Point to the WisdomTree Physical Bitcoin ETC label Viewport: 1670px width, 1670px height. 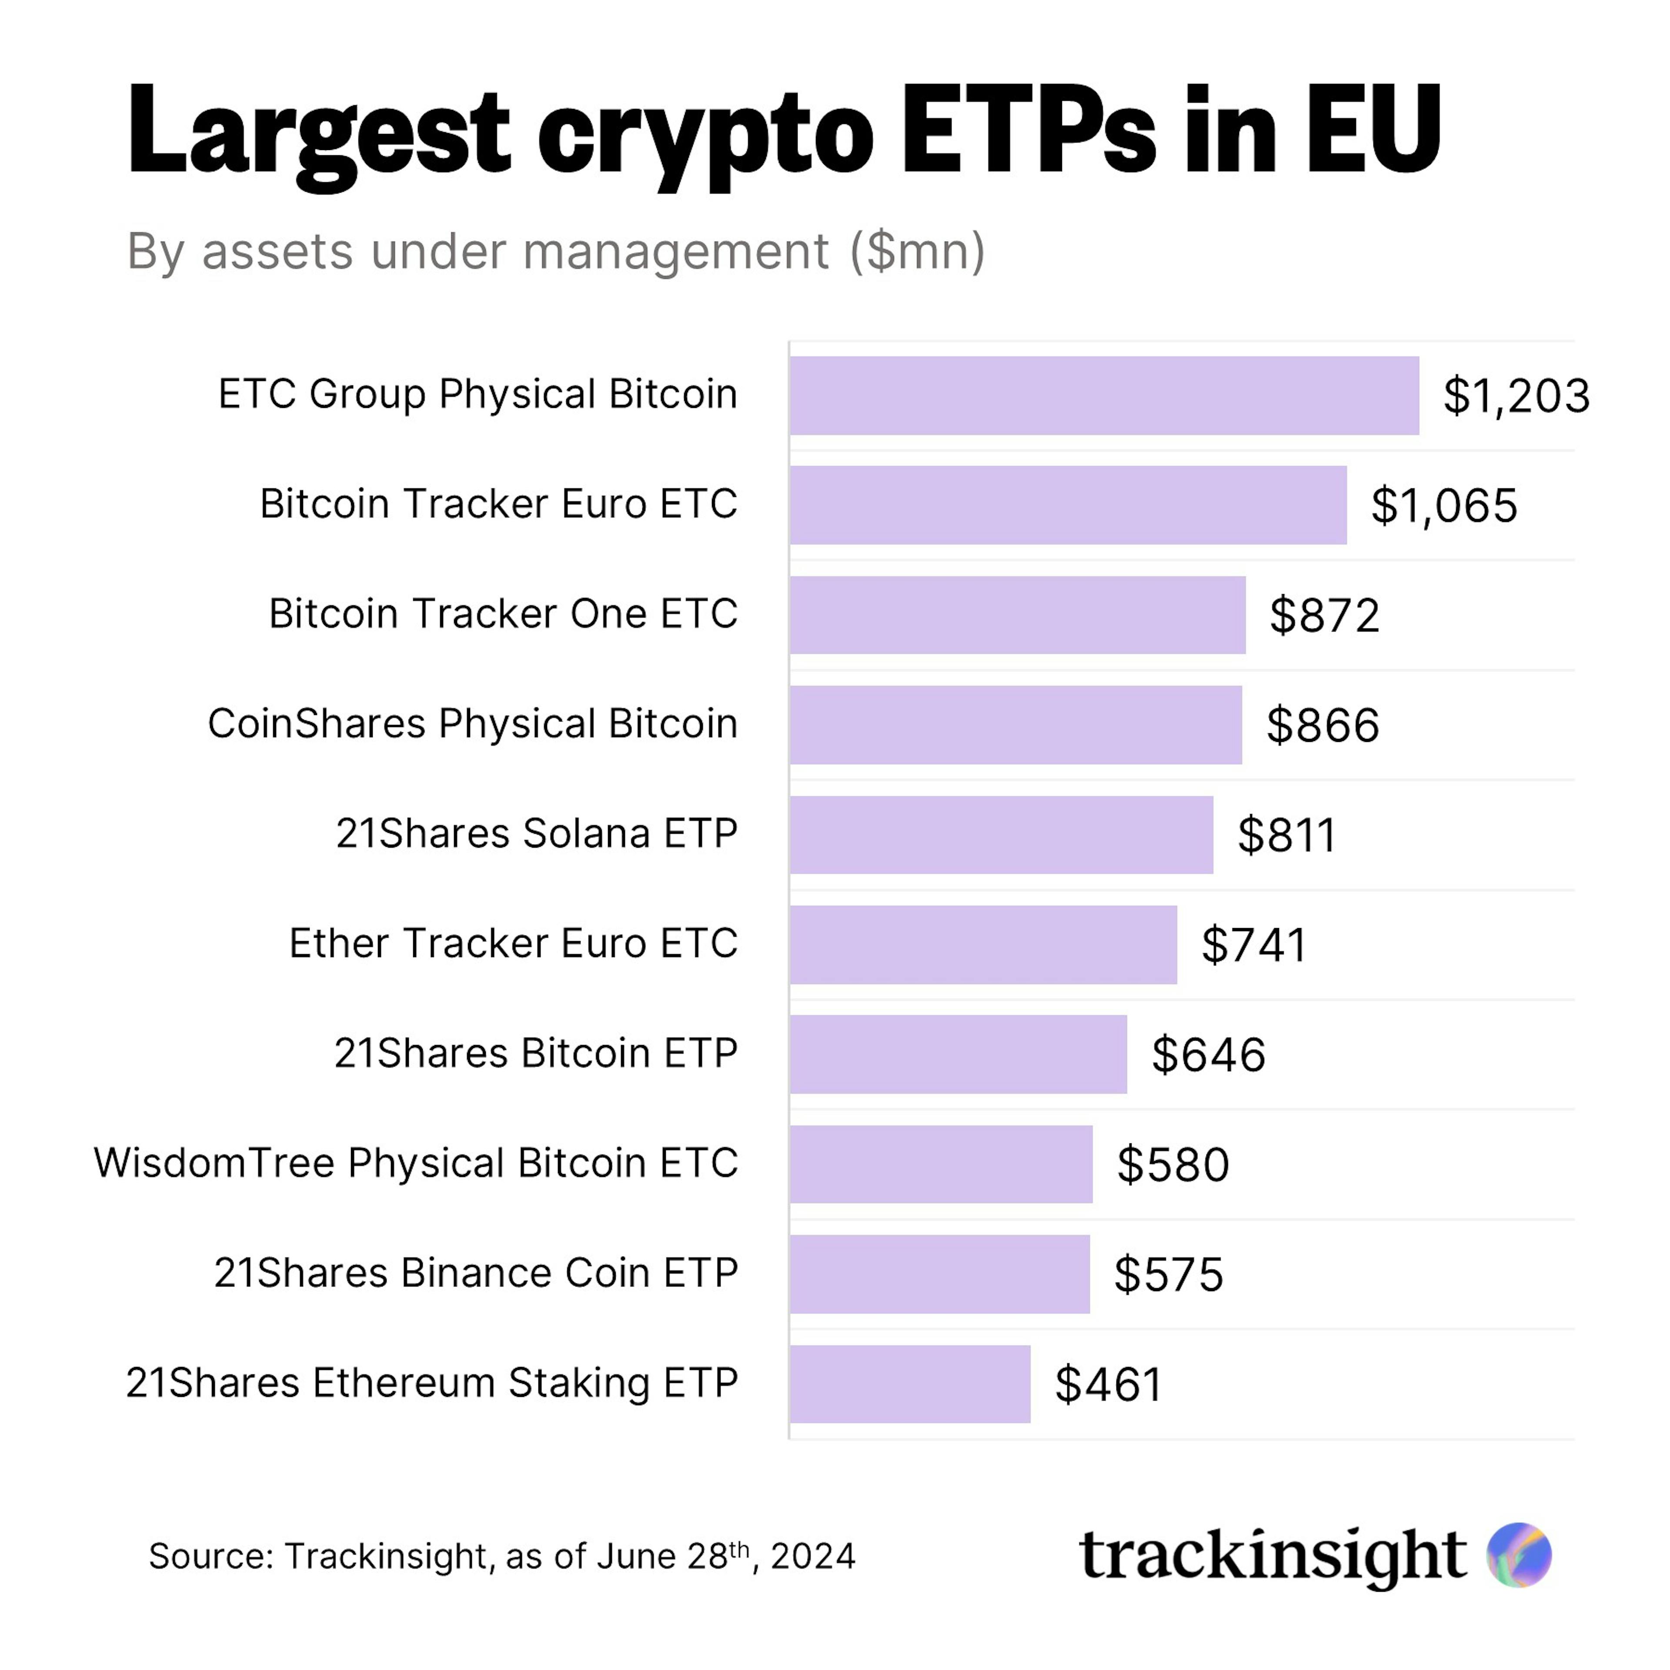416,1162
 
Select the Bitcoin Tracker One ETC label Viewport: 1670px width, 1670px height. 503,614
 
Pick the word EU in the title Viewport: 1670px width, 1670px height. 1373,130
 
